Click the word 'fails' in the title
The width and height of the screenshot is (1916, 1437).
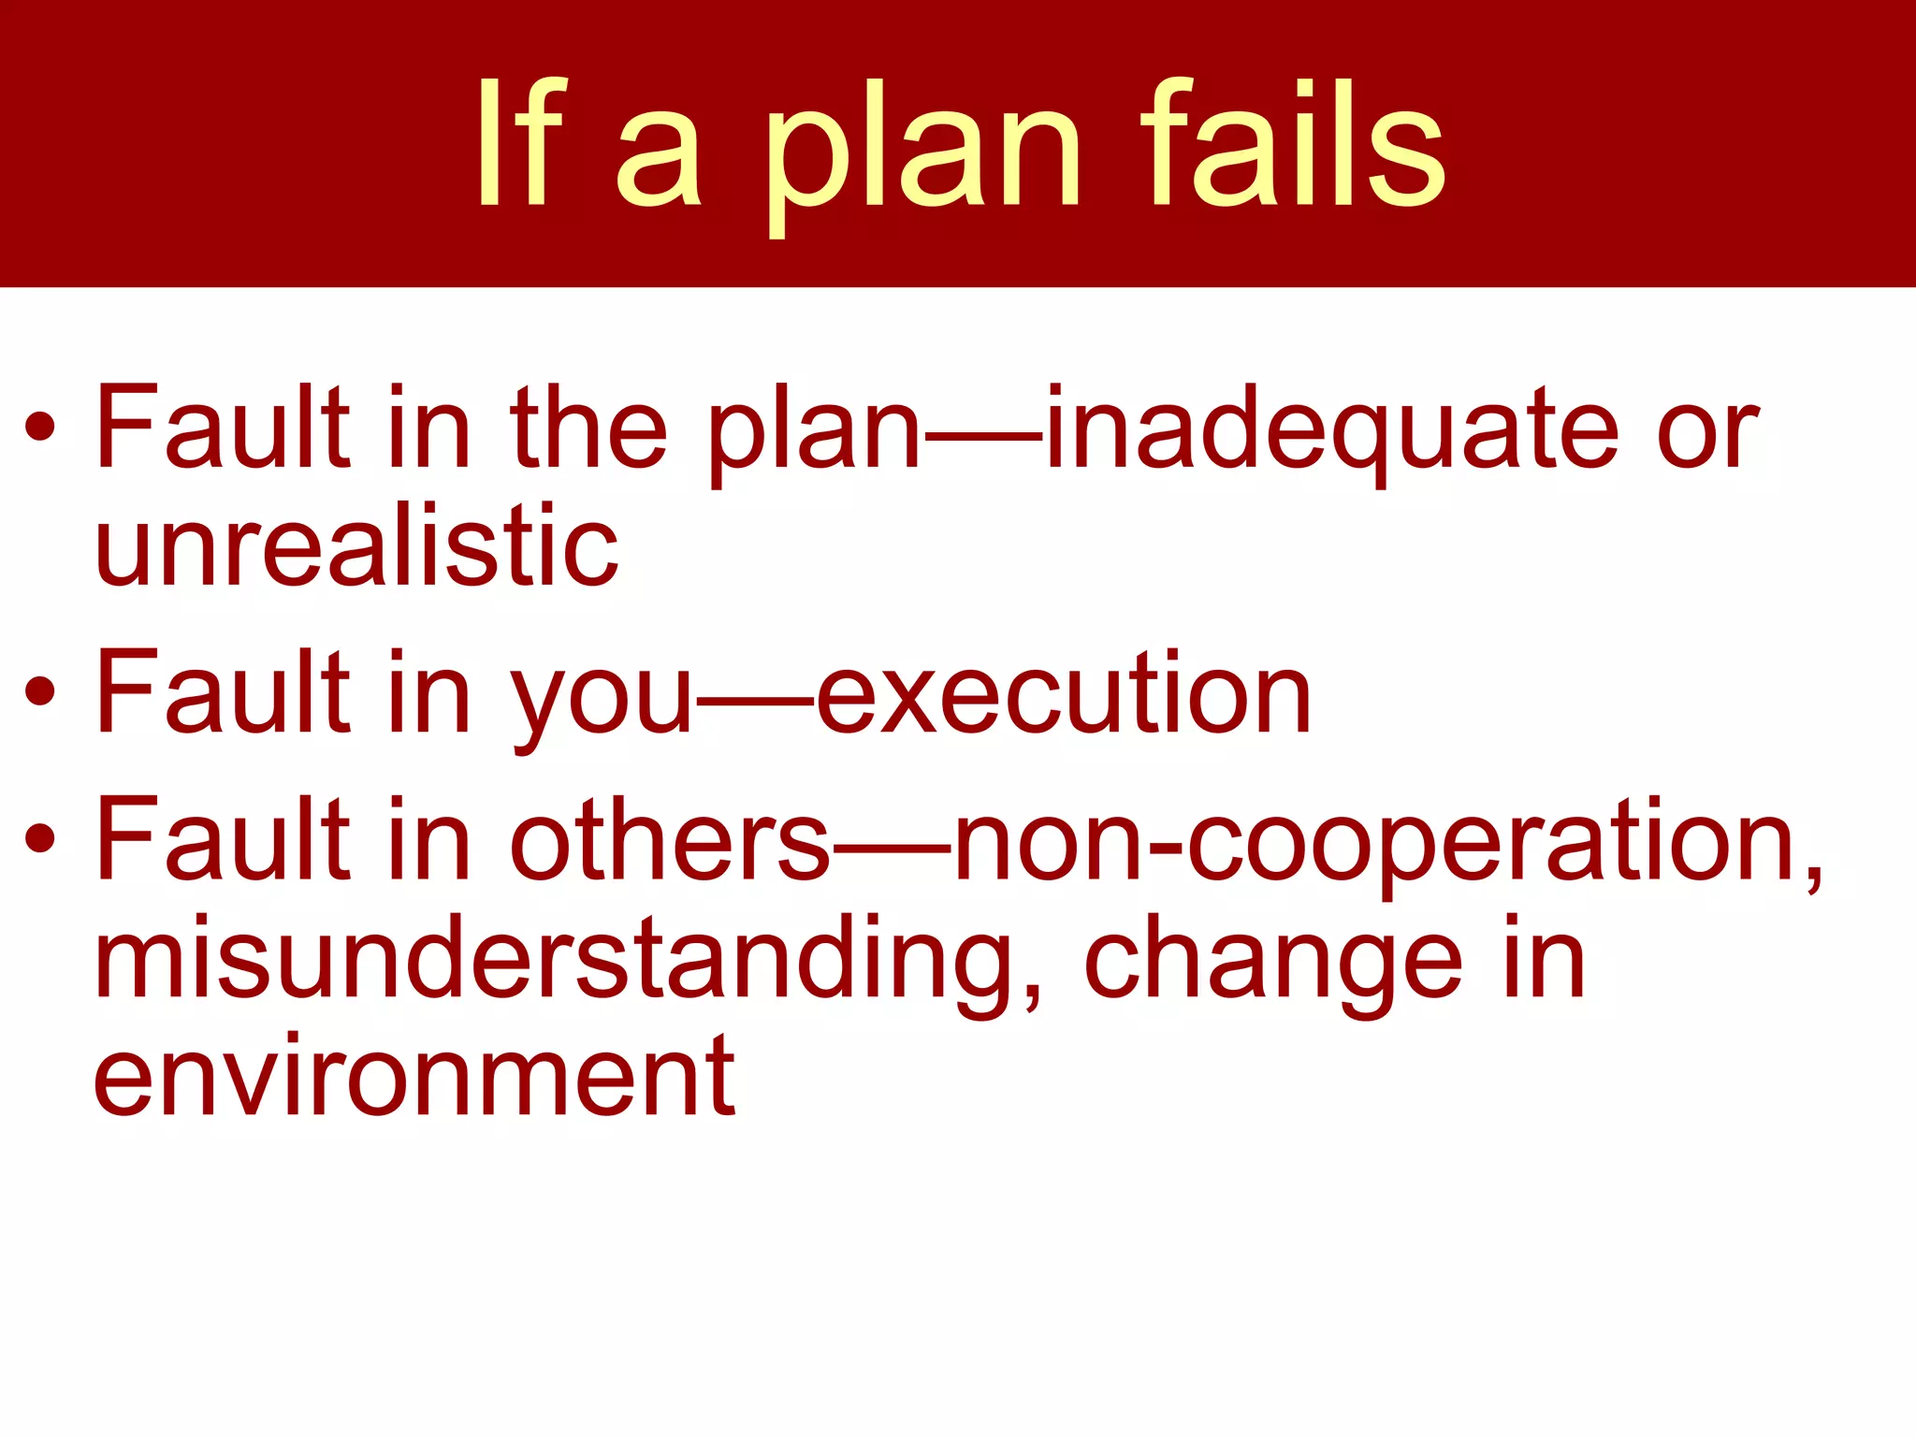tap(1293, 145)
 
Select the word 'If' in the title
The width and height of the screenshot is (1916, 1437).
tap(520, 145)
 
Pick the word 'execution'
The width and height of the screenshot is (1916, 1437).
tap(1064, 695)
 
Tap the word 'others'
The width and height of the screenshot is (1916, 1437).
tap(670, 839)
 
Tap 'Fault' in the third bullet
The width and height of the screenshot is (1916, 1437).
tap(223, 839)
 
